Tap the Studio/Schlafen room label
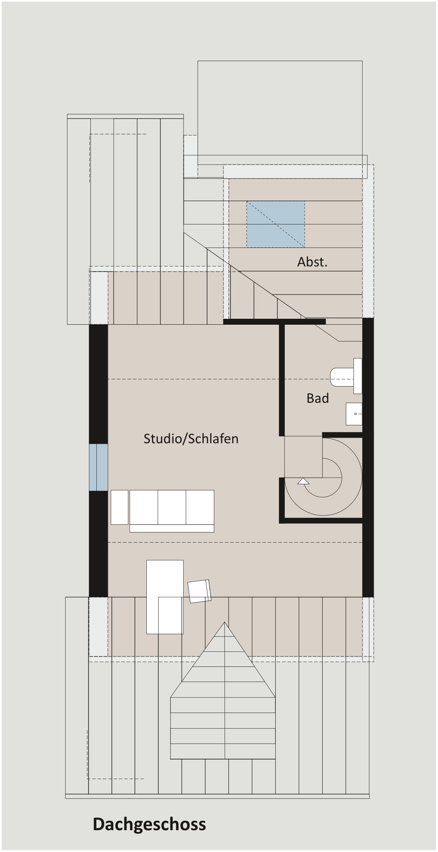[191, 438]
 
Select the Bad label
[318, 398]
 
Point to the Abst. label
[313, 262]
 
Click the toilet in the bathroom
[346, 376]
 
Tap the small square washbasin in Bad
[354, 414]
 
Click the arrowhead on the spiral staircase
[304, 481]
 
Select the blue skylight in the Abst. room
[276, 224]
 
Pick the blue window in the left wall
[98, 467]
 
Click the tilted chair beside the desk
[200, 591]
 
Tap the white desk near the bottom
[165, 597]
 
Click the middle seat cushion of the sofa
[172, 507]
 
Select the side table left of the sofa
[119, 507]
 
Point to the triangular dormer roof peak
[225, 622]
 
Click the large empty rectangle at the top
[280, 108]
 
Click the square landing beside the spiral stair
[304, 457]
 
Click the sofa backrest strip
[172, 528]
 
